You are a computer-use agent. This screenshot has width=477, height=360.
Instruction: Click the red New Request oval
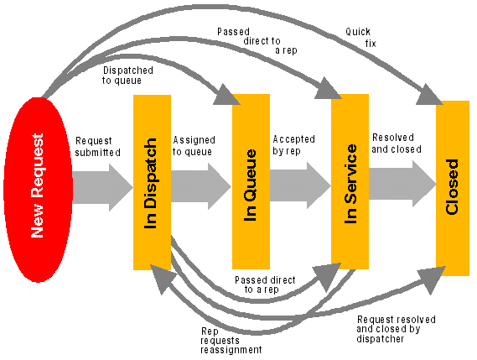38,190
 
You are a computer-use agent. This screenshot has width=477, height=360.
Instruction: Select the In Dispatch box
152,182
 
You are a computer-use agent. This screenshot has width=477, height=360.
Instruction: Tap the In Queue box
251,181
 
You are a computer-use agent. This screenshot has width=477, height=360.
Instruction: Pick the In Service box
350,181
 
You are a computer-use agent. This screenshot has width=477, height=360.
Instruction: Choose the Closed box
453,188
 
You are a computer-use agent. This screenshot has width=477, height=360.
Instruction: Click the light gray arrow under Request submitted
103,187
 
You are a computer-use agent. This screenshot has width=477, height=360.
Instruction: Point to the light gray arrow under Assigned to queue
201,186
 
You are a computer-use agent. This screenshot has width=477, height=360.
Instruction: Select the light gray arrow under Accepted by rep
300,185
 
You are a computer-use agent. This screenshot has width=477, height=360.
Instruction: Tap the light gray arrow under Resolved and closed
402,184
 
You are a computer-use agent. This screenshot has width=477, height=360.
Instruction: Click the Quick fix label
361,38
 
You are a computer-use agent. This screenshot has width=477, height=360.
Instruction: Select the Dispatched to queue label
127,76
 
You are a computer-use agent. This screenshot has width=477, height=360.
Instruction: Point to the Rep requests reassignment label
231,341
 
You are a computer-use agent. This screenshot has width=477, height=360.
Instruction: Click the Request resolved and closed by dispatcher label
396,329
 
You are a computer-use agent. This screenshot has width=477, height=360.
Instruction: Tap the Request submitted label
97,147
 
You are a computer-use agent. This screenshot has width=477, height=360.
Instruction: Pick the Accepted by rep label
293,145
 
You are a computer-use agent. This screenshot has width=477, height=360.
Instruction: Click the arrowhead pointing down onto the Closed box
429,95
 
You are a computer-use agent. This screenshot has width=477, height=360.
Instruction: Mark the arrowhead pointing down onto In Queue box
226,95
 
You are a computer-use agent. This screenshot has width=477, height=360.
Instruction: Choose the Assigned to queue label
194,146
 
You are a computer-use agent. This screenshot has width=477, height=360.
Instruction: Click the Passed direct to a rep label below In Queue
265,284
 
